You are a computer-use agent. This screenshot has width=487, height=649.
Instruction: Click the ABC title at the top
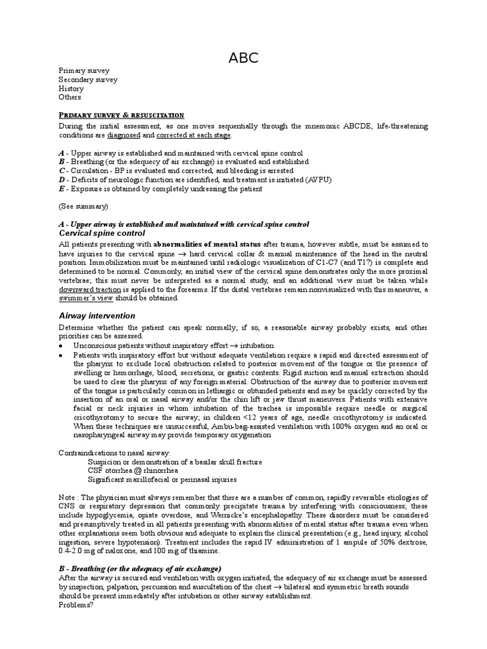[243, 59]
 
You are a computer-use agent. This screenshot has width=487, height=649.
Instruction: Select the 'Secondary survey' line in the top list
[88, 80]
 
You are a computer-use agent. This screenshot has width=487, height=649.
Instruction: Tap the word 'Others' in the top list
[70, 98]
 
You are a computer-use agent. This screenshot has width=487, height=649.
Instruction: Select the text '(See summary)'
[83, 206]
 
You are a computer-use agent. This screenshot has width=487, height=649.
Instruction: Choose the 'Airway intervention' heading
[97, 315]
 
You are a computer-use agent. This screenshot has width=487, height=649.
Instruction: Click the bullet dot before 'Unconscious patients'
[61, 346]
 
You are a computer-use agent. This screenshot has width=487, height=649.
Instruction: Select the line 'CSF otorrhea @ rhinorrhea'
[133, 471]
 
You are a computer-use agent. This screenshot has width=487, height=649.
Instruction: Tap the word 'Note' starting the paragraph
[67, 498]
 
